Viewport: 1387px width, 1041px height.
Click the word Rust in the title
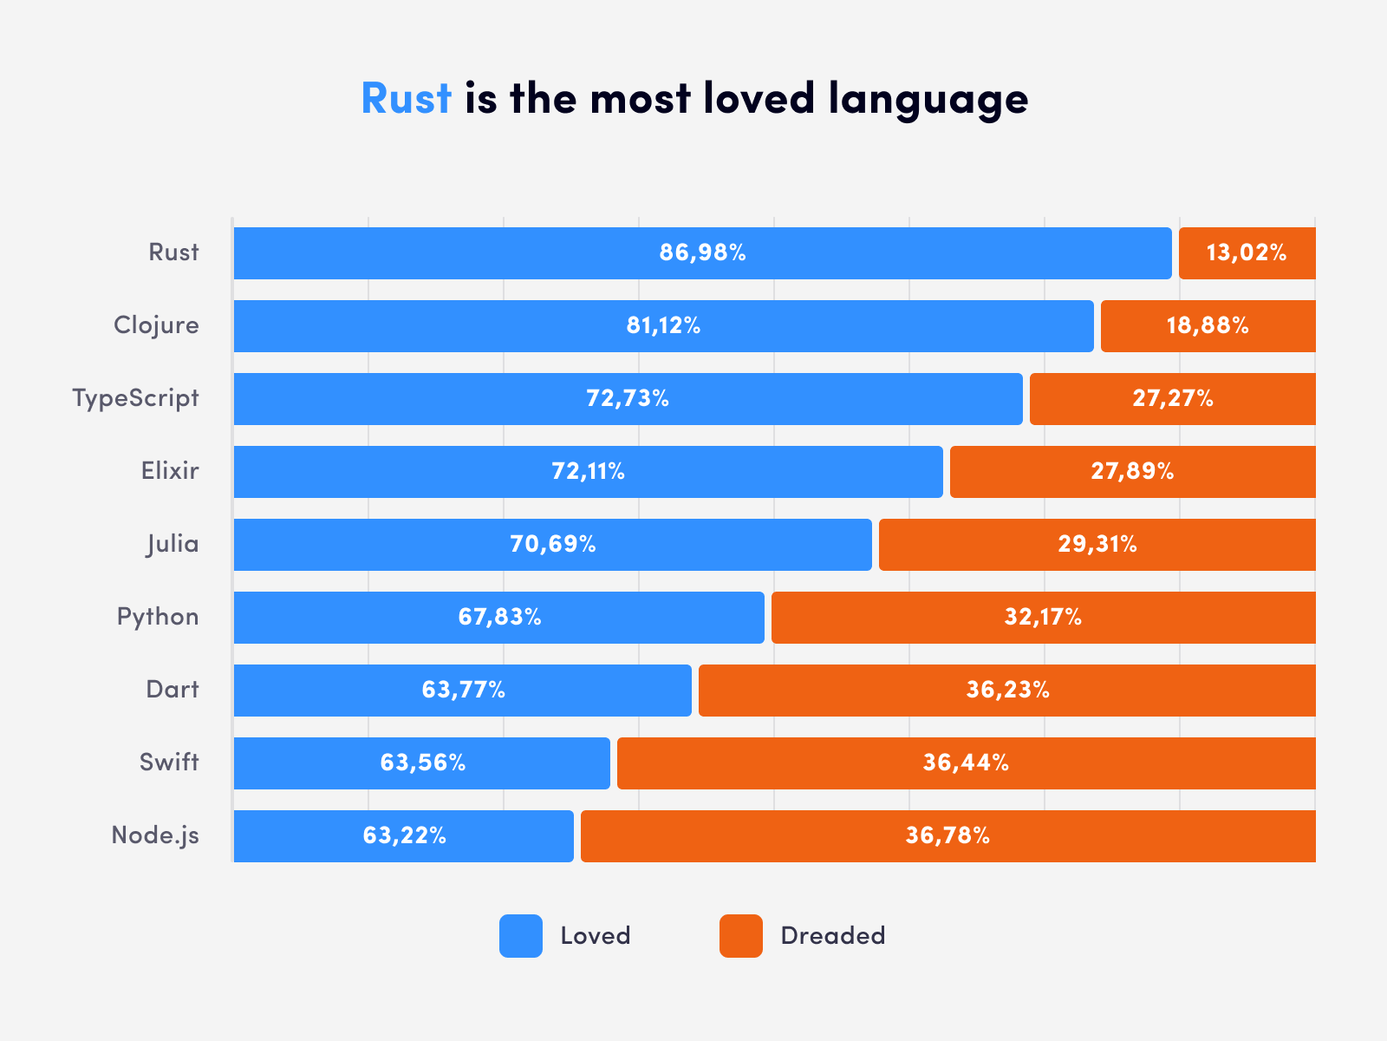tap(406, 98)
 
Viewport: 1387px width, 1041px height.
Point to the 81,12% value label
tap(663, 326)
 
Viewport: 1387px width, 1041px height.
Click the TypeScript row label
tap(135, 399)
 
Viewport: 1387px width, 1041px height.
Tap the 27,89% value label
tap(1132, 472)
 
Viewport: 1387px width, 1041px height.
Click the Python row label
tap(158, 617)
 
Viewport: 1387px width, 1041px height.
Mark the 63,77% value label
tap(463, 691)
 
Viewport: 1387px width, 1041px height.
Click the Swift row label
tap(169, 763)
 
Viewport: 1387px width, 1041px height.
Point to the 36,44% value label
tap(966, 763)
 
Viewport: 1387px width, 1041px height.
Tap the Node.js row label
tap(155, 835)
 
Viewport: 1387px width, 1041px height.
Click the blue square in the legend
tap(521, 936)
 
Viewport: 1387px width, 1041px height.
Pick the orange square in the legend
tap(741, 936)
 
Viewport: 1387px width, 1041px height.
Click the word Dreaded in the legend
tap(832, 936)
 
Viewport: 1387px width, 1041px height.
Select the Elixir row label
tap(170, 471)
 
